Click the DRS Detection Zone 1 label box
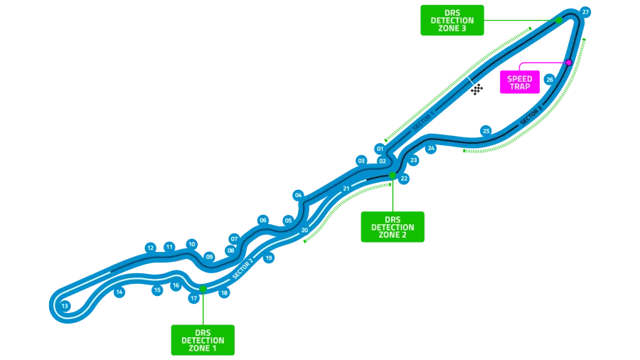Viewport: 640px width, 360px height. pos(203,340)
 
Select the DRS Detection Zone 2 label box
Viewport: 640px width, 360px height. pos(393,227)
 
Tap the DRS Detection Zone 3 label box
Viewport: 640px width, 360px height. pos(452,21)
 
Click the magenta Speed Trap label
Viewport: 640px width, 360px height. pos(520,83)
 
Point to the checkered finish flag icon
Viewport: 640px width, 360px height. pos(476,89)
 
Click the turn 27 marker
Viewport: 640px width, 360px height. pos(585,12)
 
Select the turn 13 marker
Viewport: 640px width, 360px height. pos(65,306)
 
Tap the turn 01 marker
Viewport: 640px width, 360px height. pos(380,149)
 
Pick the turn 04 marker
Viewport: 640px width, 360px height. pos(298,195)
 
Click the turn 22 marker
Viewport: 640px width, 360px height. pos(404,179)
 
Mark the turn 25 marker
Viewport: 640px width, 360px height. pos(486,131)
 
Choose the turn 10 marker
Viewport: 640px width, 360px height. pos(191,244)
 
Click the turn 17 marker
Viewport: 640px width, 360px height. pos(193,299)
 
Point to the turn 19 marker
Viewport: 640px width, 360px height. pos(269,258)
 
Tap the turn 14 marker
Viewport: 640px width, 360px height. pos(119,292)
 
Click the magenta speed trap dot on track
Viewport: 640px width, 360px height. pos(569,63)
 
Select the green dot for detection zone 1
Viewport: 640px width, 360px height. pos(203,289)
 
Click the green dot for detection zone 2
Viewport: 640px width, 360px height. pos(392,175)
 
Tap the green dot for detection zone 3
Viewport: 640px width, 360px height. pos(559,20)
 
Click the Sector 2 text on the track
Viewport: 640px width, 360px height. pos(242,268)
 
